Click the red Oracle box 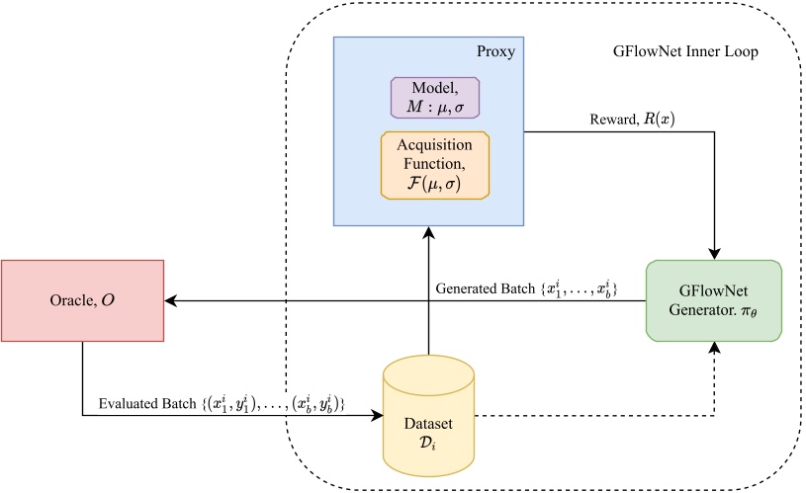(x=82, y=300)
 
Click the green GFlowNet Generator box (x=713, y=300)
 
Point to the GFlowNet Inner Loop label (x=684, y=50)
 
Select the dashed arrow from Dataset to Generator (x=593, y=415)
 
